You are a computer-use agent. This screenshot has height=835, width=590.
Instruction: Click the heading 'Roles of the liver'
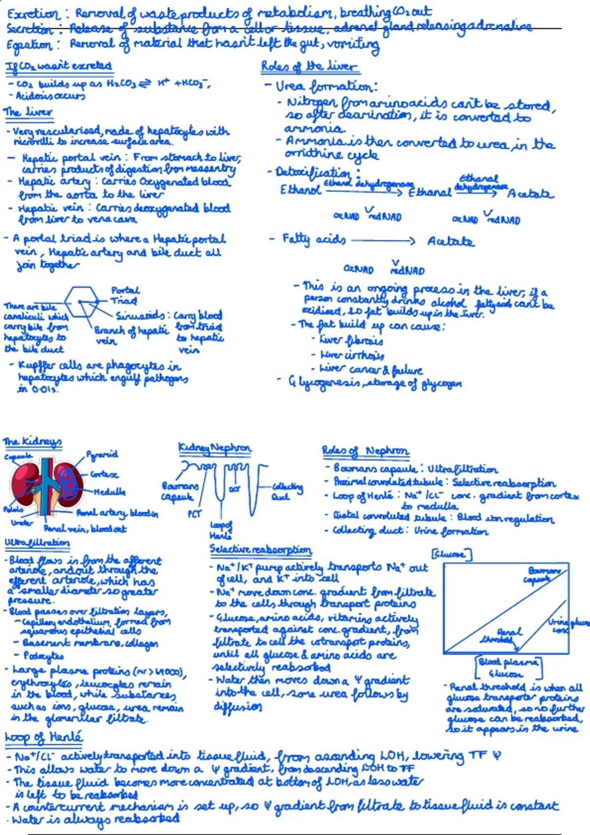click(309, 66)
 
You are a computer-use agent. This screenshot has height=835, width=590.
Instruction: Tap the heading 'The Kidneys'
click(32, 442)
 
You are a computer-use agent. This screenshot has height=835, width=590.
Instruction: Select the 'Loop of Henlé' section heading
click(44, 737)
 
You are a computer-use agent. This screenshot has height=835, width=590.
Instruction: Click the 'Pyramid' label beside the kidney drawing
click(102, 454)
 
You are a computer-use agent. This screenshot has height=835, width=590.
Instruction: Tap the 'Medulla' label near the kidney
click(110, 492)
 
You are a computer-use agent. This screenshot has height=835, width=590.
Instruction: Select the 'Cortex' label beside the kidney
click(104, 474)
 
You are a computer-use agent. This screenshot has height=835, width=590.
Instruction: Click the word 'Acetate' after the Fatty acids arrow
click(450, 242)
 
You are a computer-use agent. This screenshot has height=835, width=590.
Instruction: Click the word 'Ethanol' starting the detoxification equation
click(300, 190)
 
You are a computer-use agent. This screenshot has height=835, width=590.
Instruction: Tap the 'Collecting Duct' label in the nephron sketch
click(288, 491)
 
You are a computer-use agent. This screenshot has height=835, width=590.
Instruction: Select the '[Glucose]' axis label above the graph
click(451, 555)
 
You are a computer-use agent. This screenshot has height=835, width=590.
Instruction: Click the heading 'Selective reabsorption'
click(261, 550)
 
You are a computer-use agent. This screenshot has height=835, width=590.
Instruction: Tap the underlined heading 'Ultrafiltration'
click(37, 542)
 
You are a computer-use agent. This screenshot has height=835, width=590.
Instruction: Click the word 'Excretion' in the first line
click(32, 14)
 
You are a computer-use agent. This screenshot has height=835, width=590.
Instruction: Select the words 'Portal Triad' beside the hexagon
click(124, 295)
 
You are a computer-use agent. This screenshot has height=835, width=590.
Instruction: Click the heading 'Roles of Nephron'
click(365, 451)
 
